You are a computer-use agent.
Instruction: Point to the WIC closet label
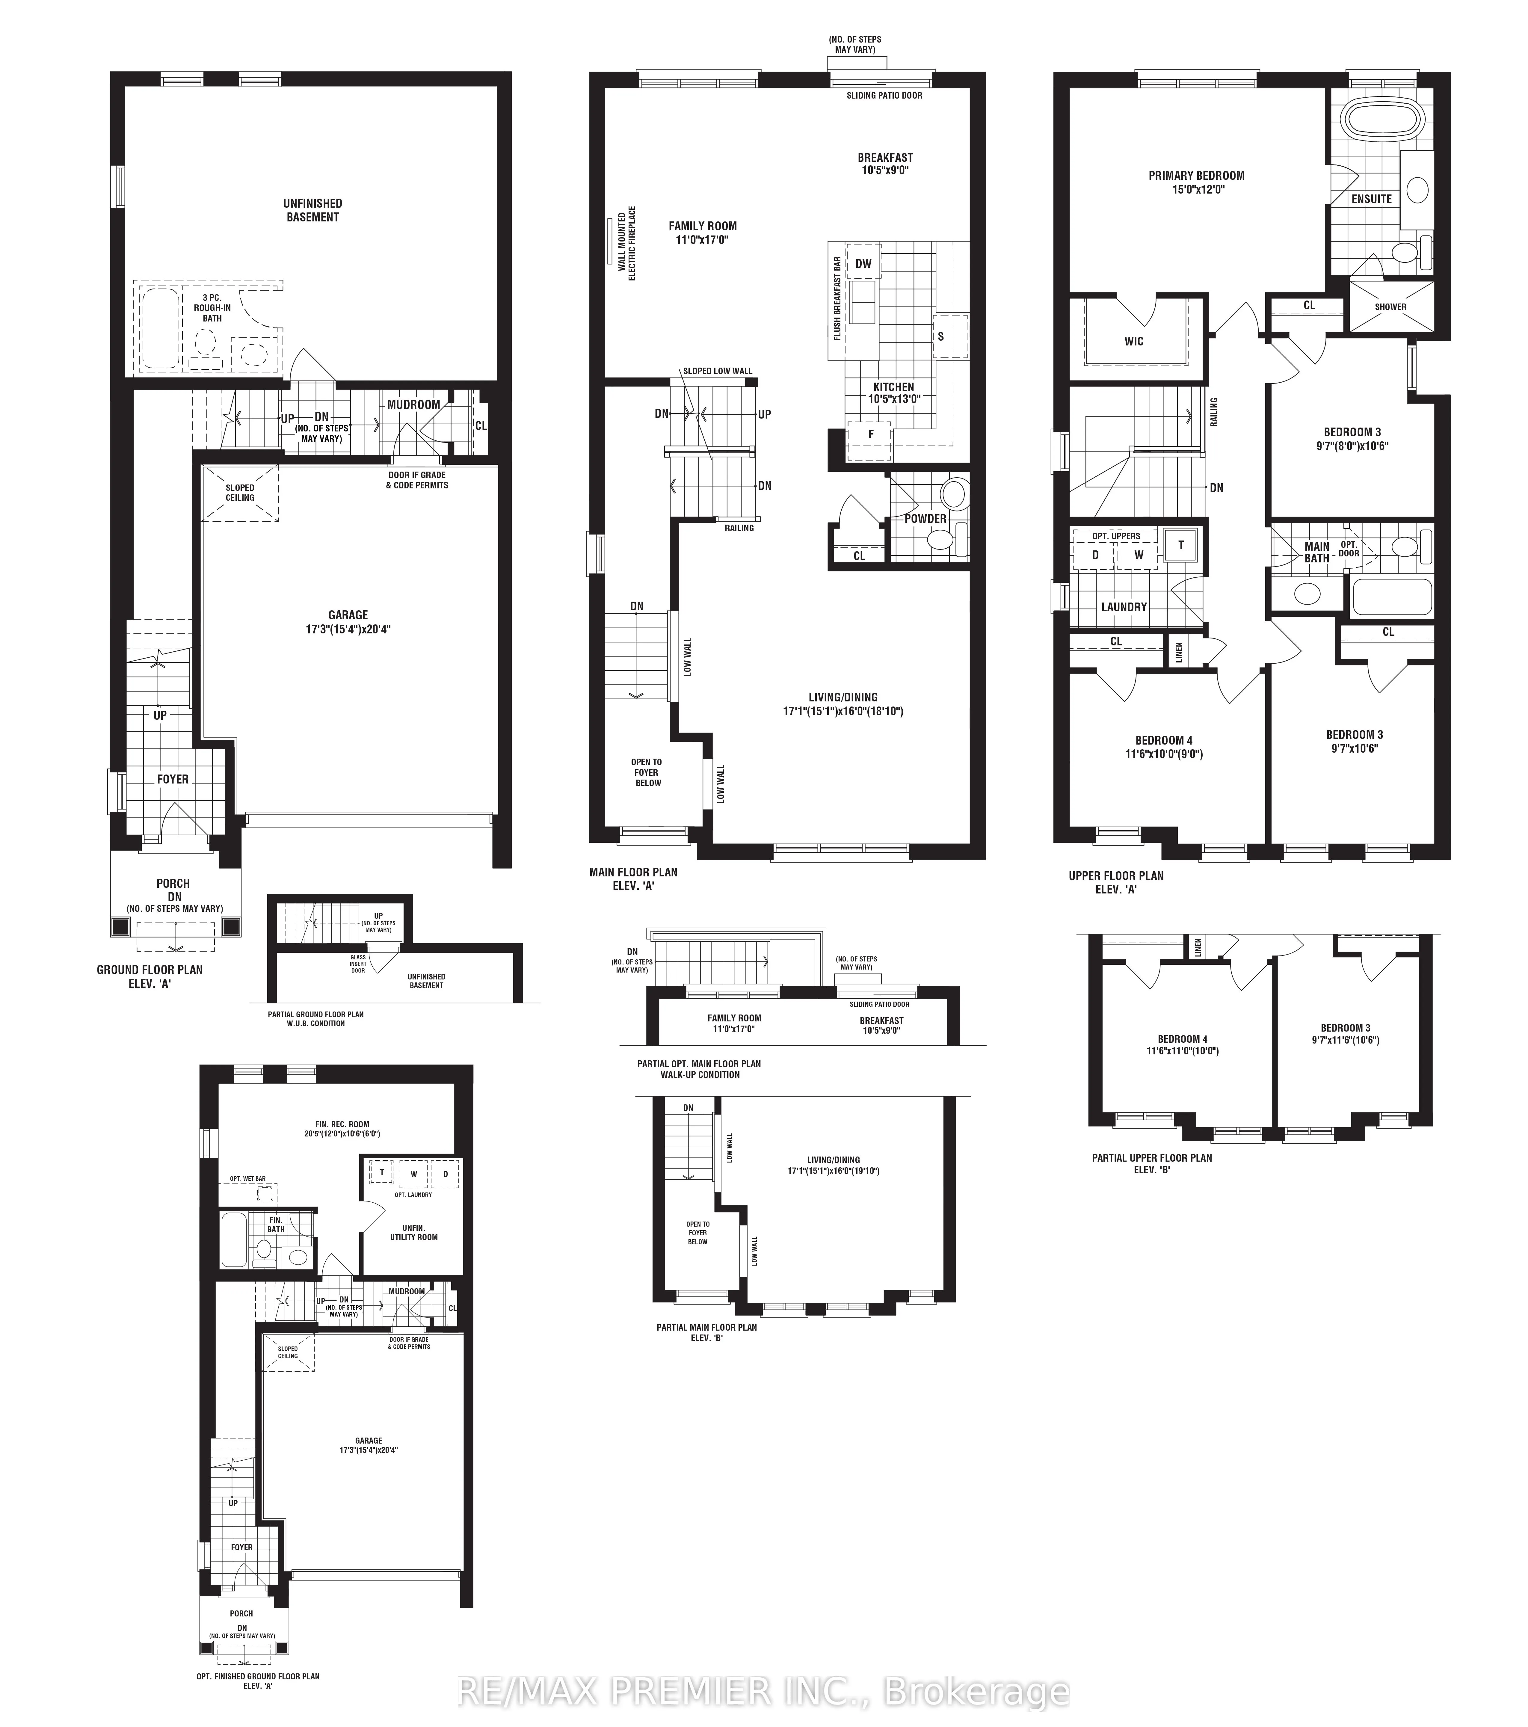click(1133, 341)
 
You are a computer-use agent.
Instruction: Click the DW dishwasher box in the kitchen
click(862, 264)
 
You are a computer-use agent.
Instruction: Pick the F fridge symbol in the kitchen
click(871, 434)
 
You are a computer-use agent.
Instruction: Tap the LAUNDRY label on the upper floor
click(1124, 607)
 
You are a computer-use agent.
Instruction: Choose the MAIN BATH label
click(1316, 552)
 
